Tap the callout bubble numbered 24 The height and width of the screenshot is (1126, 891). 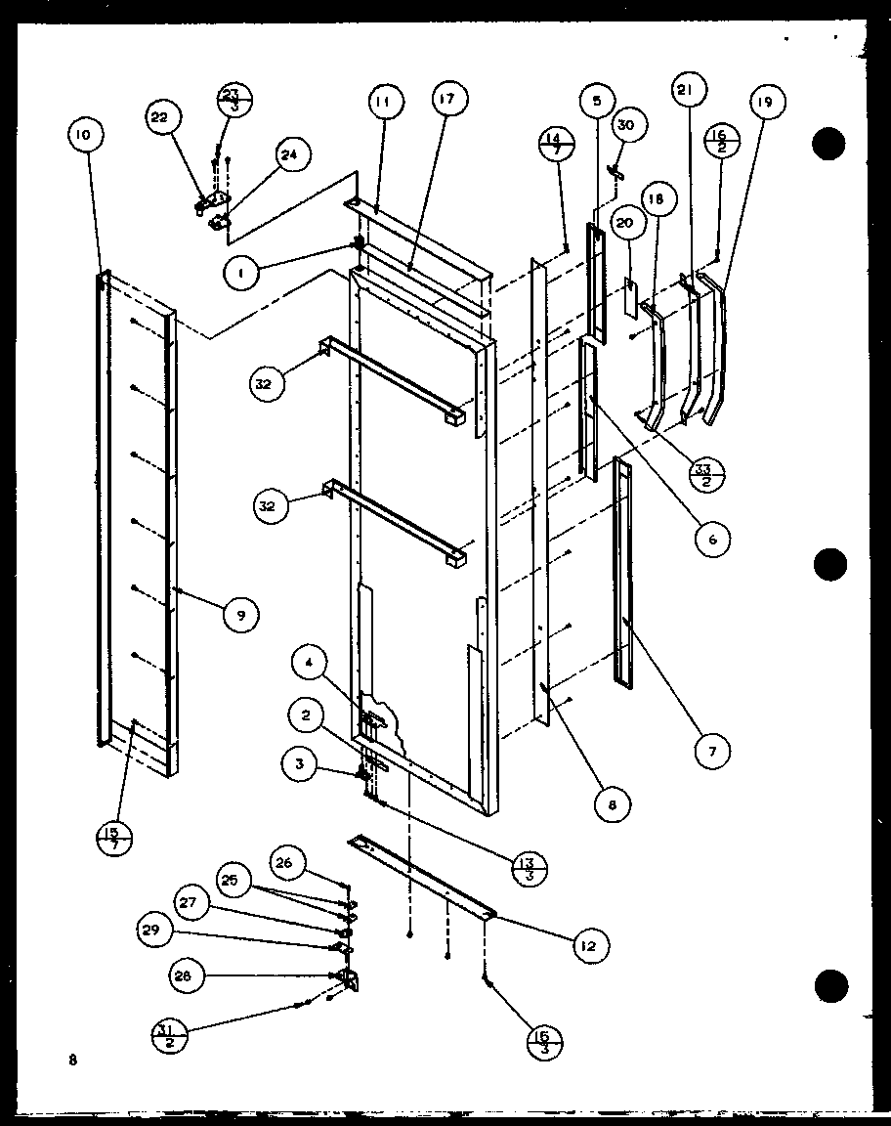[x=290, y=153]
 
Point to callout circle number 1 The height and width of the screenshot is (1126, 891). [x=241, y=275]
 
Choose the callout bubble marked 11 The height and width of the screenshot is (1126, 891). [x=385, y=102]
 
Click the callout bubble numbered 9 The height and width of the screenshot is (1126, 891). [x=240, y=614]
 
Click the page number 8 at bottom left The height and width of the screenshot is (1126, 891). [x=72, y=1059]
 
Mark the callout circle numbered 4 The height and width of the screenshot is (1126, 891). [x=308, y=663]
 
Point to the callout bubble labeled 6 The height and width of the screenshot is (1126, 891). [x=711, y=538]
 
